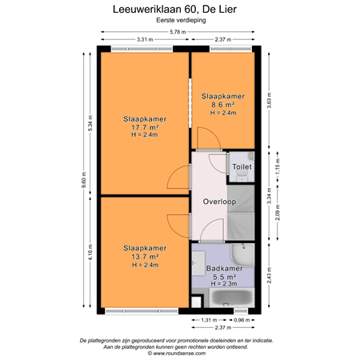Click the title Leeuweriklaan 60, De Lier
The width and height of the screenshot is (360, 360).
pyautogui.click(x=179, y=10)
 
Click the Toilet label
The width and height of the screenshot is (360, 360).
pyautogui.click(x=242, y=166)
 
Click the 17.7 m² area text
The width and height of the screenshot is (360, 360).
pyautogui.click(x=145, y=127)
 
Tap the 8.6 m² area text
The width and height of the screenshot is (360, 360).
pyautogui.click(x=223, y=105)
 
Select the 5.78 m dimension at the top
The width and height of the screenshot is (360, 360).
pyautogui.click(x=179, y=32)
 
